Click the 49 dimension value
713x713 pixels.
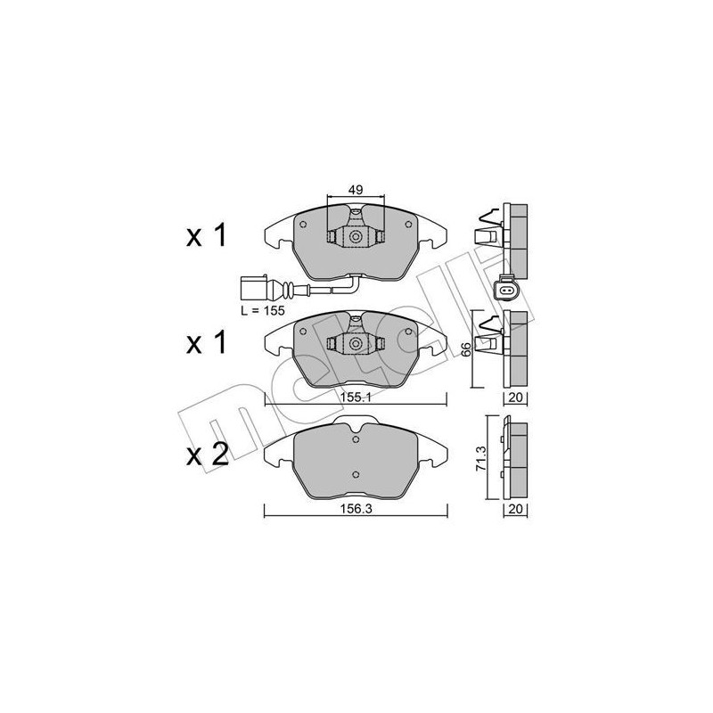356,188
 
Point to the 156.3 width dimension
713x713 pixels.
356,511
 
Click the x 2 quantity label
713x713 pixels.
208,455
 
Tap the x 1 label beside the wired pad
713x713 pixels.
208,236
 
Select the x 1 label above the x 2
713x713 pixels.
208,343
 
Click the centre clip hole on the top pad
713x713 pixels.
355,237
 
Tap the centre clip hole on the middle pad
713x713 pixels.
355,344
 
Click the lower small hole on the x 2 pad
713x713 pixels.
355,473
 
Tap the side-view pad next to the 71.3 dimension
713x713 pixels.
514,457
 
